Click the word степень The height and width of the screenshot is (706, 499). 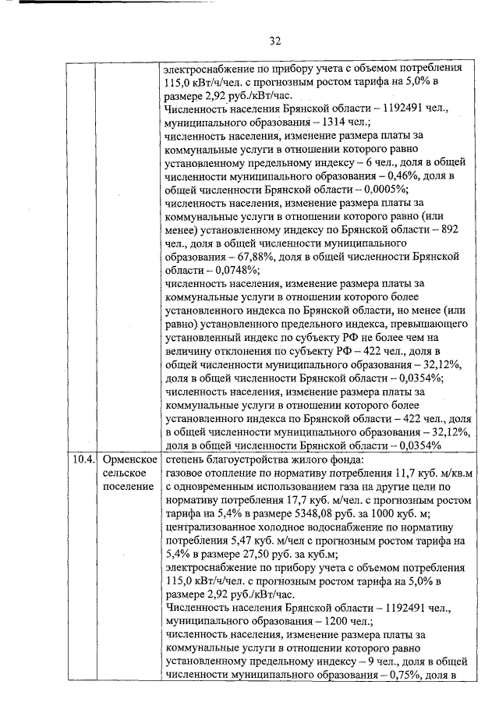[x=187, y=459]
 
